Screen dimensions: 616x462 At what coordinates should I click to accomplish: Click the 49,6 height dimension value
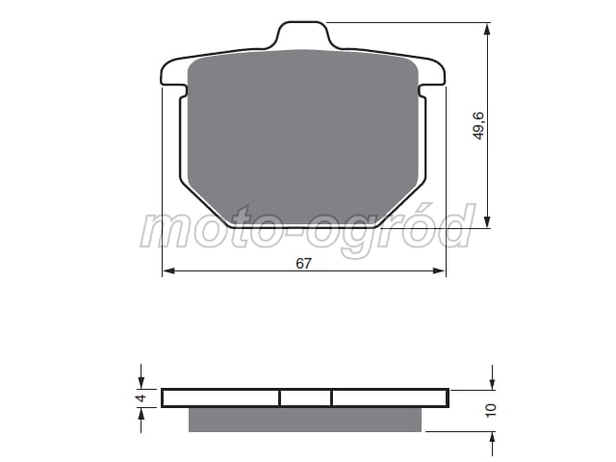coord(479,125)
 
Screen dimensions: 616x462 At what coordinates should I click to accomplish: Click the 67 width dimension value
coord(303,264)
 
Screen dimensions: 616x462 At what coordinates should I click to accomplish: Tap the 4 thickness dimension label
coord(141,398)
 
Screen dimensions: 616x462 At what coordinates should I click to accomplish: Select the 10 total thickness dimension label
coord(491,410)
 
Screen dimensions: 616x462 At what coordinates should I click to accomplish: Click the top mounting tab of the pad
coord(302,35)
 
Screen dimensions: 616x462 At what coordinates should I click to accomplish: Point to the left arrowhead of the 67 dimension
coord(168,270)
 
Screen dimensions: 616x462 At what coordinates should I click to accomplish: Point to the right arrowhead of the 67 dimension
coord(439,270)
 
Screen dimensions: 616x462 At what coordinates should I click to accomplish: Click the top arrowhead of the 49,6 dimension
coord(487,30)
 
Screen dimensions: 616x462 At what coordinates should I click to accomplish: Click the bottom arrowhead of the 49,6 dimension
coord(487,220)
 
